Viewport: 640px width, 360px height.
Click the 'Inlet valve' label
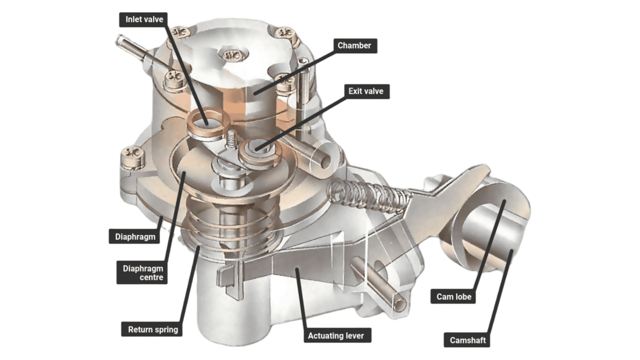point(144,19)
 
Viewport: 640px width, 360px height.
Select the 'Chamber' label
point(355,45)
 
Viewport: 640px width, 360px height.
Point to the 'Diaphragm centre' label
point(143,273)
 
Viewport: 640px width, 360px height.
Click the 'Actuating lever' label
point(338,336)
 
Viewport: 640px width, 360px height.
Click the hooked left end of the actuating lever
point(229,280)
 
